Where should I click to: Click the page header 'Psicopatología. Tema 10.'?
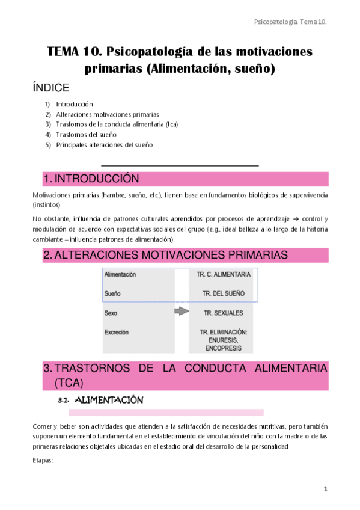coord(290,22)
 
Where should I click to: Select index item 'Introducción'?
coord(75,104)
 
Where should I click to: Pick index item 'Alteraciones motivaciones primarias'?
coord(108,114)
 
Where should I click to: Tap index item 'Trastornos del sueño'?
coord(86,135)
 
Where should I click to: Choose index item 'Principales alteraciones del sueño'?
coord(104,145)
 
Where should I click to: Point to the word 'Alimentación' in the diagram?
coord(120,275)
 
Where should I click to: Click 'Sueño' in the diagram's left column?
coord(112,293)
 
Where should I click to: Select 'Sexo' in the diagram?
coord(111,313)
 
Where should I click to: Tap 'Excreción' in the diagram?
coord(116,332)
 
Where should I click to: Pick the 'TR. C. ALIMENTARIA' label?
coord(224,275)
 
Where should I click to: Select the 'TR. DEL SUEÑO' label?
coord(224,293)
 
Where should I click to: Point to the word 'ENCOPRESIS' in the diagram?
coord(224,348)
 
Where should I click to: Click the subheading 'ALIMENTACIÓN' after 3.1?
coord(112,400)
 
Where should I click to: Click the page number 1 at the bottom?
coord(326,490)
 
